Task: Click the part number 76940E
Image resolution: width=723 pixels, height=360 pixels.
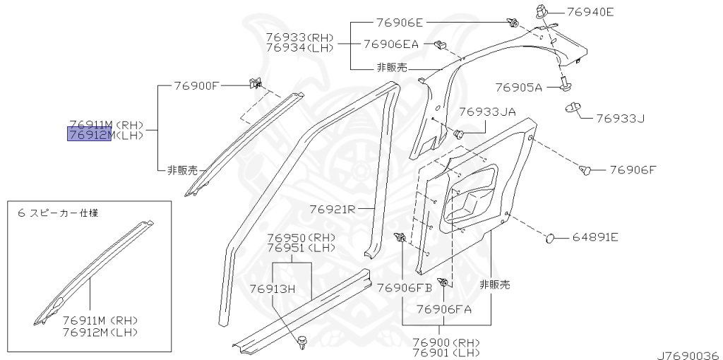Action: (590, 11)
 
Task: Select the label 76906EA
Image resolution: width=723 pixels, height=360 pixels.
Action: (391, 44)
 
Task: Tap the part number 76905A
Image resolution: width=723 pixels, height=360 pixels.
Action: (518, 88)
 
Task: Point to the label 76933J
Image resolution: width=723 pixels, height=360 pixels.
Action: (621, 118)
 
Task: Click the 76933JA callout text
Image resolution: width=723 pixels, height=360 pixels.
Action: (487, 112)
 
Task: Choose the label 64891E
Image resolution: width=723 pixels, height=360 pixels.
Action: (594, 237)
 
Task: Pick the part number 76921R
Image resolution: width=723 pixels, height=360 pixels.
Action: (332, 209)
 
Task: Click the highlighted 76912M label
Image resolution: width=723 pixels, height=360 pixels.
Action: (90, 135)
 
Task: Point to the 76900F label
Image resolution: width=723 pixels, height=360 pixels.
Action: (198, 85)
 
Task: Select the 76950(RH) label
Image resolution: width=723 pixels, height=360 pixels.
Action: (295, 239)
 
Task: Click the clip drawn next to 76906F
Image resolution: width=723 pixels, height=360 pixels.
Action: (585, 170)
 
